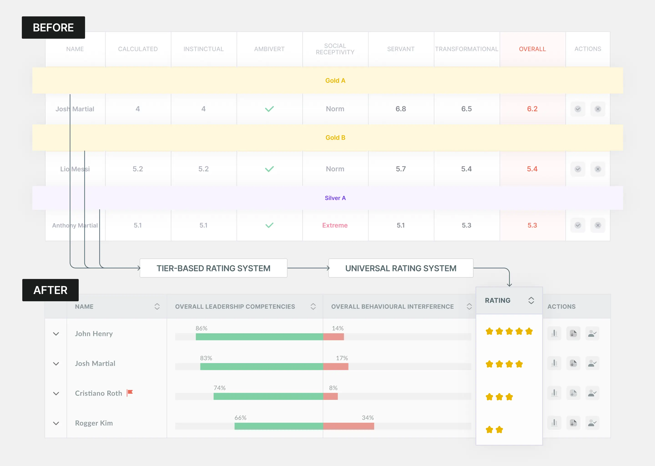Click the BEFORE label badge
[x=53, y=28]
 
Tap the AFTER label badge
[x=50, y=290]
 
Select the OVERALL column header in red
[x=532, y=49]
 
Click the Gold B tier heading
[x=335, y=138]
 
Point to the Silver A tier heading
[x=335, y=198]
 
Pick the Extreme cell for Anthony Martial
[x=335, y=225]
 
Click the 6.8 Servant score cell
[x=401, y=109]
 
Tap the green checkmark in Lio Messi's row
[x=269, y=169]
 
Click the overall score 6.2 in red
[x=532, y=109]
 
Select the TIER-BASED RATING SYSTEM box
[x=213, y=268]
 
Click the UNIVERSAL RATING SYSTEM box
[x=401, y=268]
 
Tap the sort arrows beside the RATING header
[x=531, y=300]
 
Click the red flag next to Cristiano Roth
[x=130, y=392]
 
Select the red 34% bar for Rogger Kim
[x=348, y=426]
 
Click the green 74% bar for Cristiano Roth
[x=268, y=396]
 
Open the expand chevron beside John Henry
[x=56, y=334]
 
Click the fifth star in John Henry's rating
[x=529, y=332]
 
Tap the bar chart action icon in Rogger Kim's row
[x=554, y=423]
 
